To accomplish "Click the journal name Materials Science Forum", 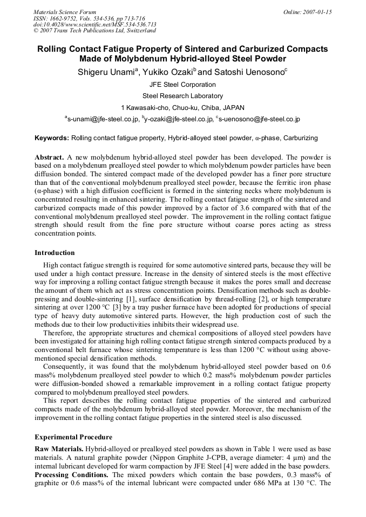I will click(64, 12).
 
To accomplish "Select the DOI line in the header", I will click(94, 24).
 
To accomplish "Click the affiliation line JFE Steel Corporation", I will click(182, 85).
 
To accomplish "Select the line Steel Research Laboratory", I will click(182, 96).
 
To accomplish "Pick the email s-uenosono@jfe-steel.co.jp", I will click(259, 119).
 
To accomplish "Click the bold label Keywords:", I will click(52, 138).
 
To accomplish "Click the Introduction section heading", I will click(55, 252).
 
